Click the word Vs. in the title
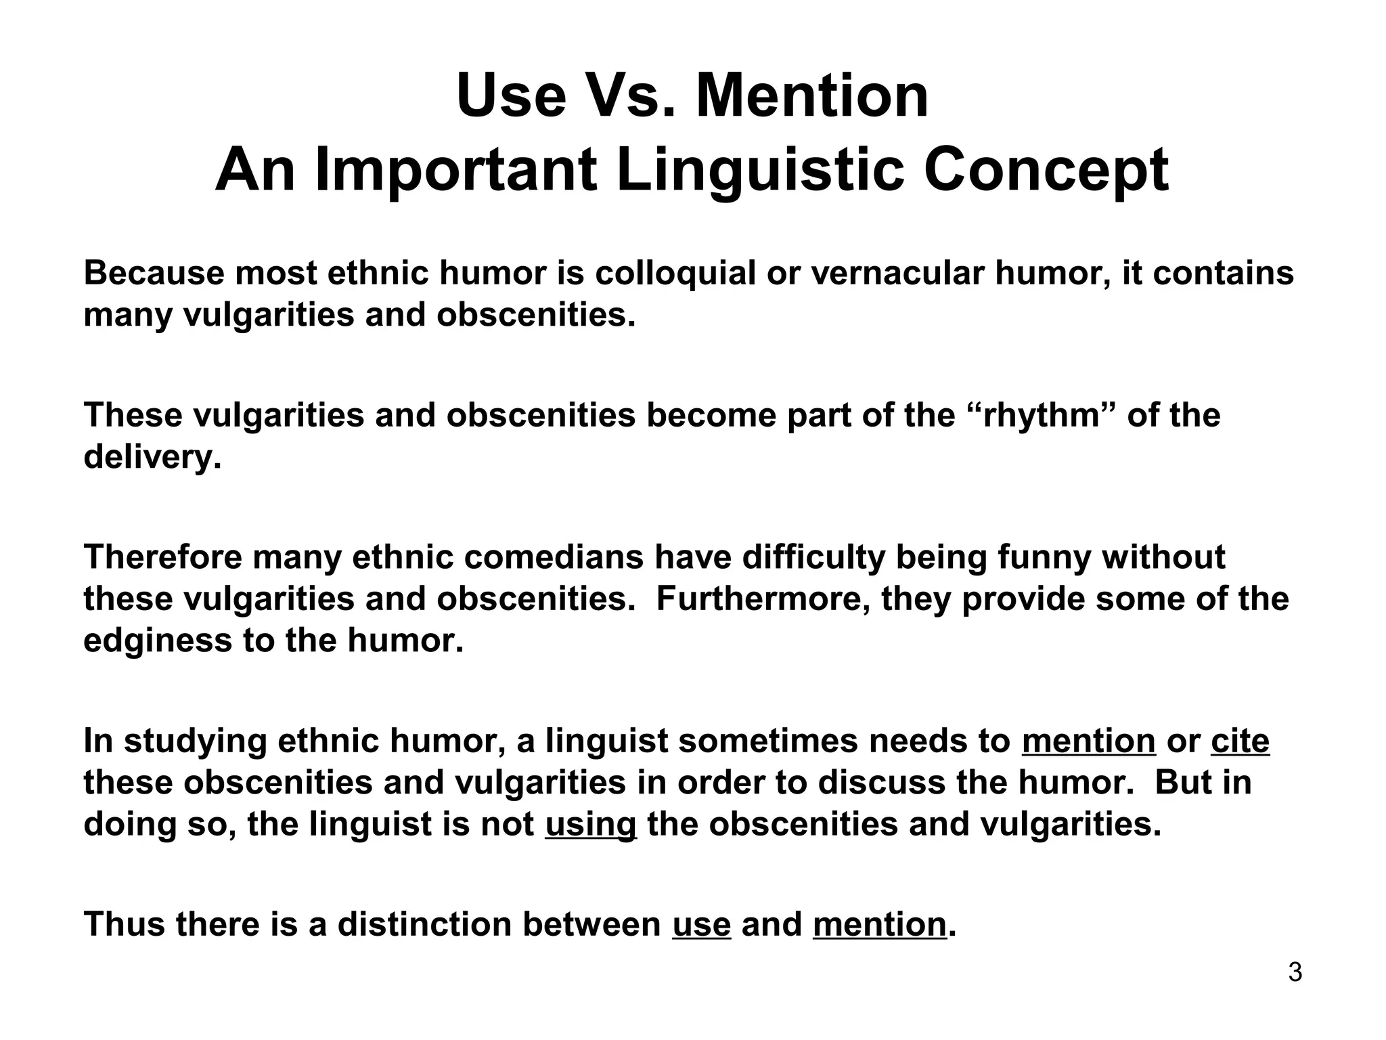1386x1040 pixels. point(629,96)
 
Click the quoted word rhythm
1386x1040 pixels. point(1043,415)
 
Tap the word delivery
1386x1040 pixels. point(152,458)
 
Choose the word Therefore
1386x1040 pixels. point(162,557)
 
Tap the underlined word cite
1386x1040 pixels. point(1240,741)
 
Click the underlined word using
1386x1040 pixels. point(590,825)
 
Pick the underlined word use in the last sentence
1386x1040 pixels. point(701,925)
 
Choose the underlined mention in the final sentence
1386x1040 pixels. point(878,925)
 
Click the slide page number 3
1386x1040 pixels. point(1295,973)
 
